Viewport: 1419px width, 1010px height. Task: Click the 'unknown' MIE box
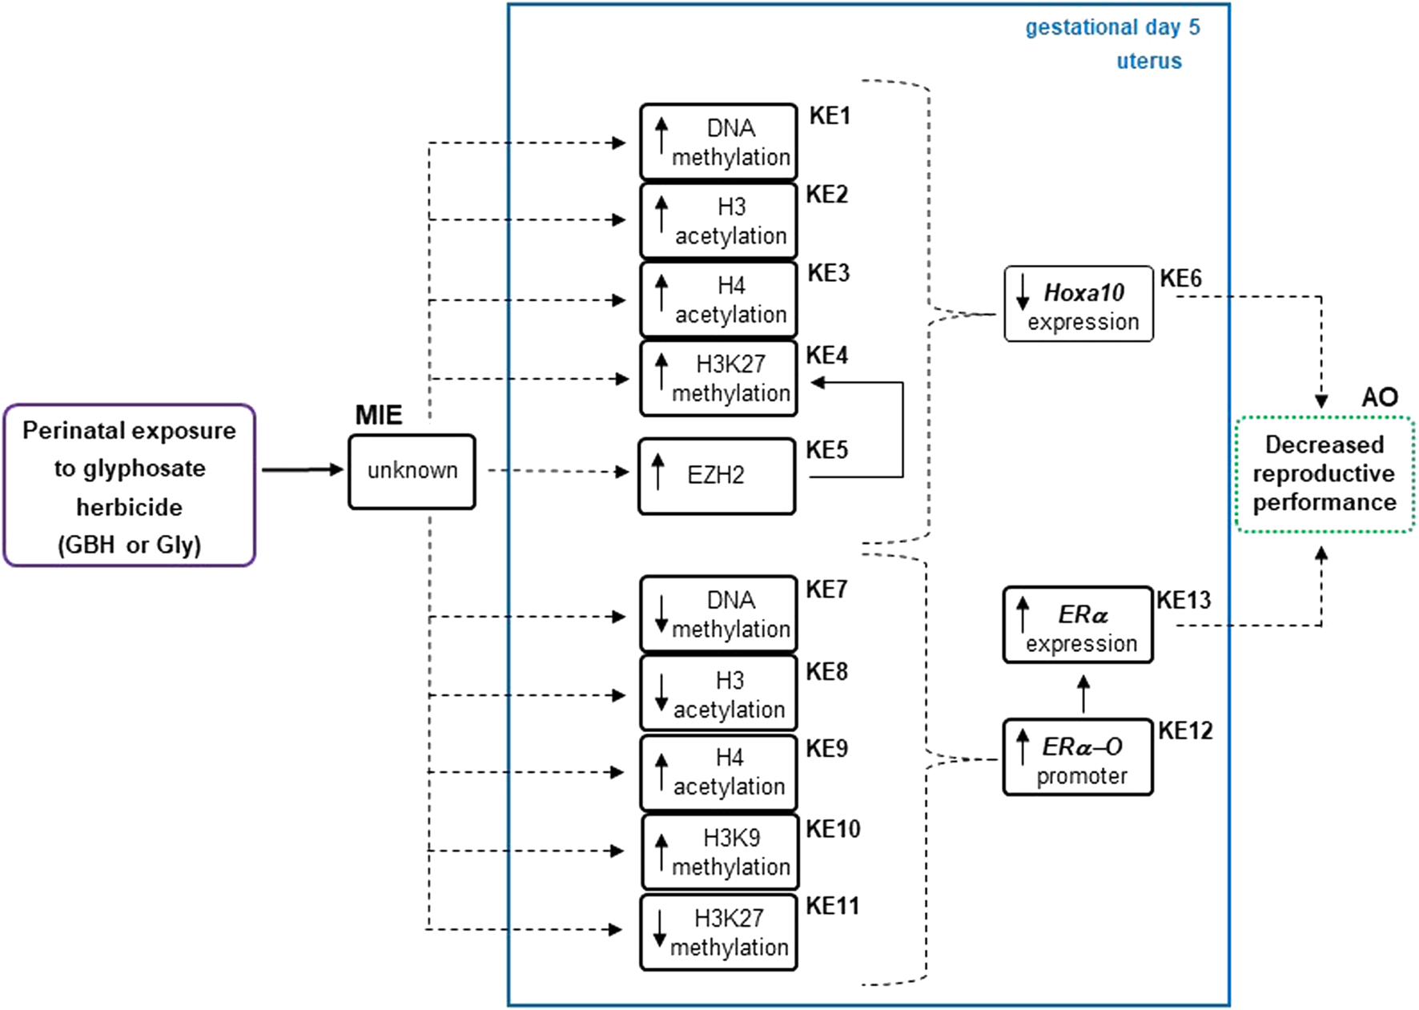click(x=412, y=472)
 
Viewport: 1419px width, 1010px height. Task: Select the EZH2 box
click(x=717, y=476)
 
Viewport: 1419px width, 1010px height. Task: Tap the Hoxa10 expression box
click(x=1079, y=305)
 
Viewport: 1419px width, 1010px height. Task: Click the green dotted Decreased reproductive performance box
click(x=1325, y=473)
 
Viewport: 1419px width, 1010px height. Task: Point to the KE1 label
click(x=830, y=116)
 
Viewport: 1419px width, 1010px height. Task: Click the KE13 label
click(x=1184, y=600)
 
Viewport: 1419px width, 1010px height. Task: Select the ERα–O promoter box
click(x=1078, y=758)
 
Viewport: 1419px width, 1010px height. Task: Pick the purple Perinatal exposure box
click(x=130, y=485)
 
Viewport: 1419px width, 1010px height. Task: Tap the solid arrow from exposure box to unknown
click(x=301, y=469)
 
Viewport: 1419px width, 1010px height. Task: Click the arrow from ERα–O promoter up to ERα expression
click(x=1083, y=693)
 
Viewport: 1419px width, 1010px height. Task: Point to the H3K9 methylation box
click(x=721, y=852)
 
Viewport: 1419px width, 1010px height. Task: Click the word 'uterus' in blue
click(x=1149, y=62)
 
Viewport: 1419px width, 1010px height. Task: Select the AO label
click(x=1380, y=397)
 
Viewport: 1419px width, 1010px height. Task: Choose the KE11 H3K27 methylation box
click(x=719, y=932)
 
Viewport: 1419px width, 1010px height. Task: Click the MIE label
click(x=379, y=415)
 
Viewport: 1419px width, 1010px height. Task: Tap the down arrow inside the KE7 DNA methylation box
click(x=661, y=614)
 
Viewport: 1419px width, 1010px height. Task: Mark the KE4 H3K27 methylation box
click(x=719, y=379)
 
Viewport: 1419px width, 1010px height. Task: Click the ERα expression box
click(x=1078, y=626)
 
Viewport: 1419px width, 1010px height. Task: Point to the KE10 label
click(x=833, y=829)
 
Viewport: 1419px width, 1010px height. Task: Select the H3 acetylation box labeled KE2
click(x=719, y=221)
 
